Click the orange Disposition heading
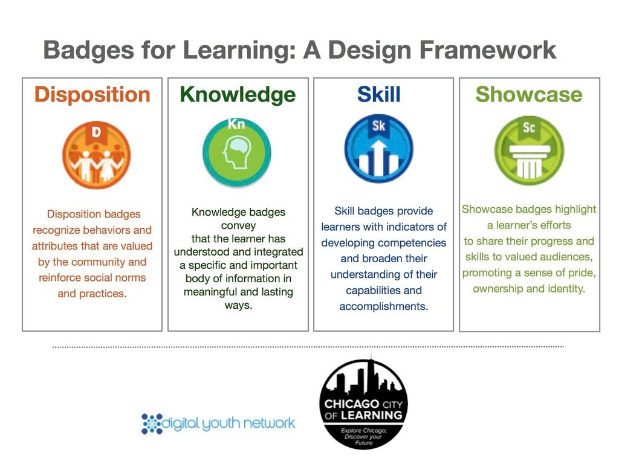92,95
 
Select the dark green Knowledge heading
238,95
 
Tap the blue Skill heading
378,94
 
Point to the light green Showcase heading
529,94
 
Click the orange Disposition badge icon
96,155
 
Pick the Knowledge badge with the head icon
237,152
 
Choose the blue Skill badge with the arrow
378,149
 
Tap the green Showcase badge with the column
529,150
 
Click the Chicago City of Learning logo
363,402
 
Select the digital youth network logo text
228,424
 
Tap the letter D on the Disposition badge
96,132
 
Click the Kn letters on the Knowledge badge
236,124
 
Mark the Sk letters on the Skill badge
378,126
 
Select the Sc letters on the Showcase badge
529,127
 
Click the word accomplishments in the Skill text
384,306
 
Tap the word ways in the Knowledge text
238,305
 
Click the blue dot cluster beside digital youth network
152,424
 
